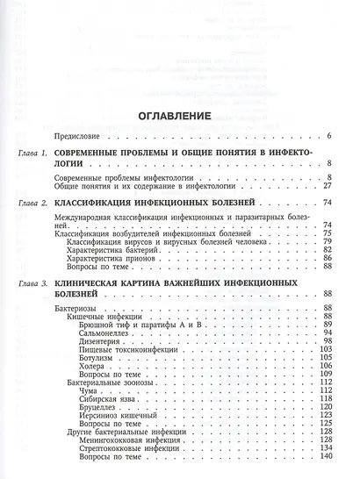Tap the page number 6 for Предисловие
click(x=328, y=136)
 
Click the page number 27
click(x=326, y=186)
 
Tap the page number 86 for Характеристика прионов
click(x=326, y=258)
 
